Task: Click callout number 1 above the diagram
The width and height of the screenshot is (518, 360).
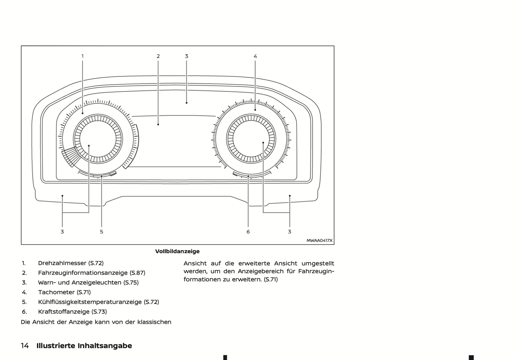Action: click(x=82, y=56)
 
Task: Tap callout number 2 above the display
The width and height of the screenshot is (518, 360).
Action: click(x=158, y=56)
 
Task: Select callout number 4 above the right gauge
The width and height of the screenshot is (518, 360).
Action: click(x=255, y=56)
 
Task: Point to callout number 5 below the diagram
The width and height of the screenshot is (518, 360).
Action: click(x=101, y=232)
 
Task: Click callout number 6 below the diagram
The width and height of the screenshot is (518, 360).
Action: click(x=248, y=232)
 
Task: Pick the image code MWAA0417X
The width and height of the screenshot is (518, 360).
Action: click(x=319, y=240)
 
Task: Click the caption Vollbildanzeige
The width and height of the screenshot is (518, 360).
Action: click(x=177, y=251)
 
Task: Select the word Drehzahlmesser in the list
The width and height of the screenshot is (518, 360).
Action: click(x=62, y=263)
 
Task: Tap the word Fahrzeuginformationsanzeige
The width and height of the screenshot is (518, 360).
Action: click(x=83, y=273)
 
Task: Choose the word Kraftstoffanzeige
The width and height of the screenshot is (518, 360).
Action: click(x=64, y=312)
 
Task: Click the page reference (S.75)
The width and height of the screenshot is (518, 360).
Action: click(x=131, y=283)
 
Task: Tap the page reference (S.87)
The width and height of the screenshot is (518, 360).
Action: click(x=137, y=273)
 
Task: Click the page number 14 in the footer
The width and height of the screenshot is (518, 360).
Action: click(x=25, y=346)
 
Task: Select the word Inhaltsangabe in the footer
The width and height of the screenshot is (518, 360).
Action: click(x=105, y=346)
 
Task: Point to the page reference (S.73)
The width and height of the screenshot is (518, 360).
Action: click(x=99, y=312)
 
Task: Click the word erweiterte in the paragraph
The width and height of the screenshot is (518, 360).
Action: click(x=254, y=264)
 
